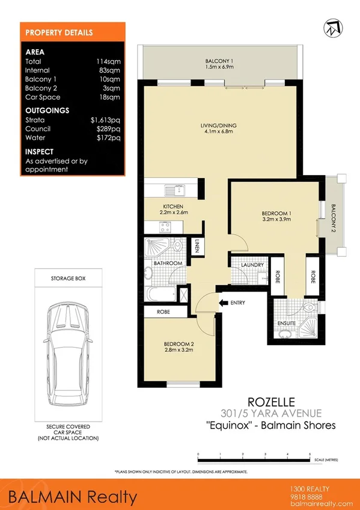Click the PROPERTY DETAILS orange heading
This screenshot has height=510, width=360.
click(59, 32)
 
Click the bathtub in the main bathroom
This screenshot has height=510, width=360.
click(160, 294)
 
